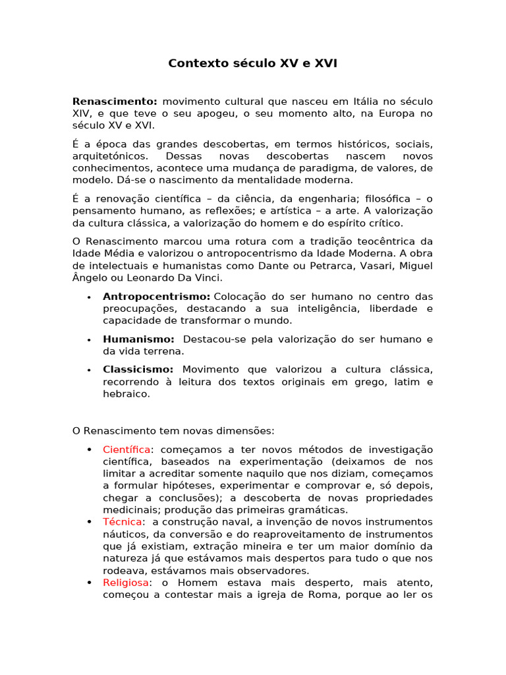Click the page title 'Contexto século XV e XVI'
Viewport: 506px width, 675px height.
pyautogui.click(x=253, y=63)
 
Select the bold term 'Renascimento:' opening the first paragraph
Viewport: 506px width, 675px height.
pyautogui.click(x=115, y=102)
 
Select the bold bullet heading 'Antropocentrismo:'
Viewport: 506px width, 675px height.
pyautogui.click(x=156, y=297)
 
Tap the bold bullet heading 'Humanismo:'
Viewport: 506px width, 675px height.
pyautogui.click(x=138, y=339)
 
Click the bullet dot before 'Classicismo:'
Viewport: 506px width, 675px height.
pyautogui.click(x=88, y=370)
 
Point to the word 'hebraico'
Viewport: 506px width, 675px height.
pyautogui.click(x=125, y=394)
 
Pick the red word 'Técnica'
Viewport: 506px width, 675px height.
pyautogui.click(x=122, y=522)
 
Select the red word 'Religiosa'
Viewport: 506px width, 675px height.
pyautogui.click(x=126, y=583)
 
